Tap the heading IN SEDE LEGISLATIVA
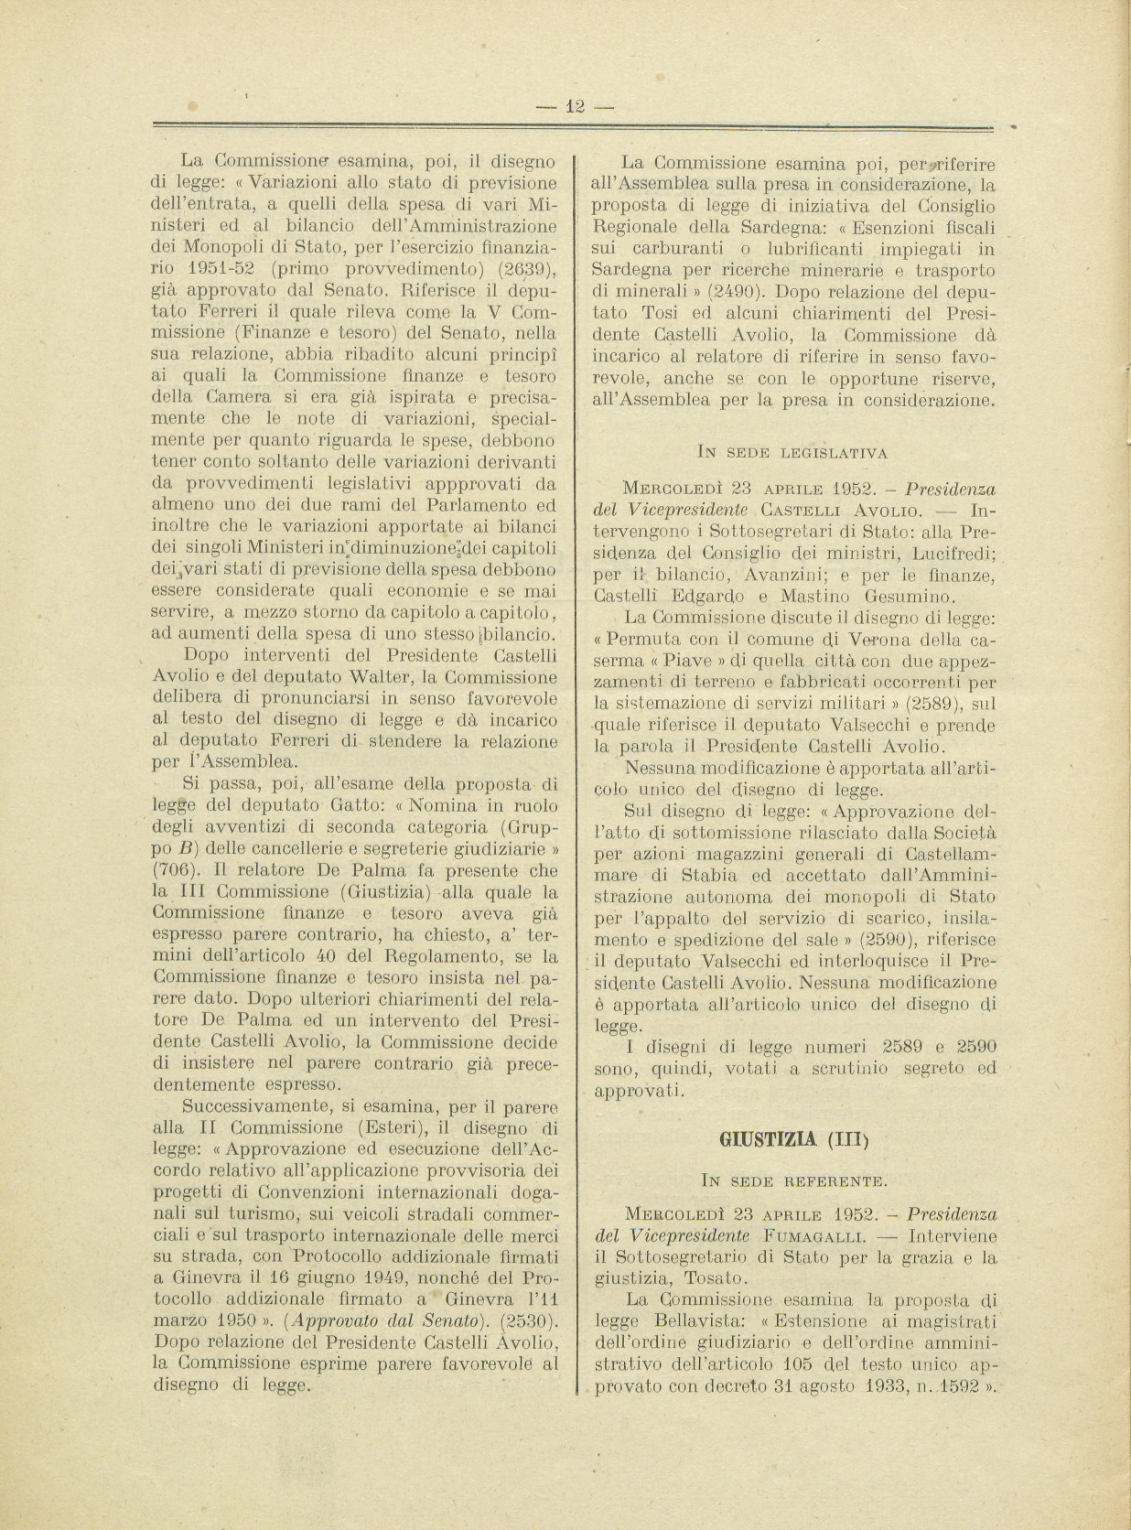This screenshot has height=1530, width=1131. [792, 451]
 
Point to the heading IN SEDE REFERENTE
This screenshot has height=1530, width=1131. [792, 1180]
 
